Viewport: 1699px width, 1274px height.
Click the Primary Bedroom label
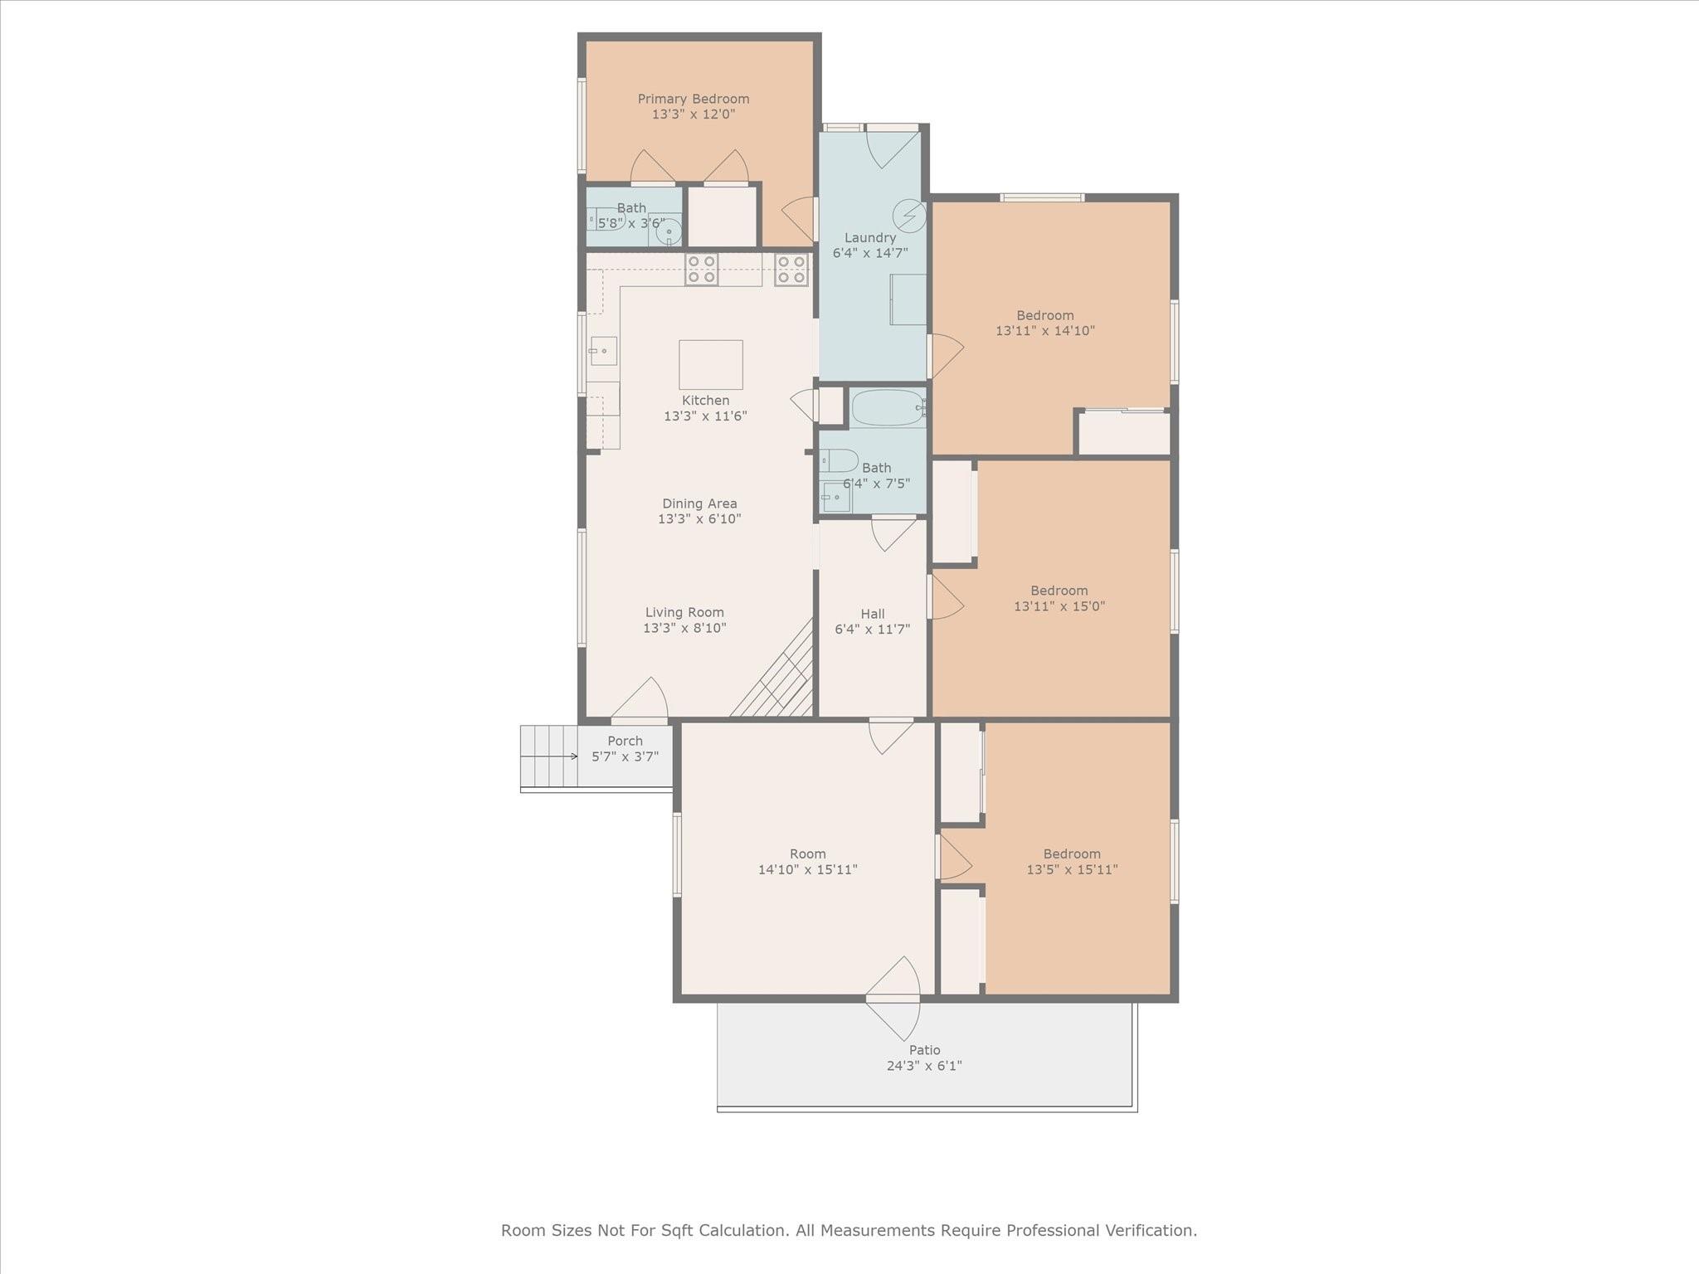click(693, 100)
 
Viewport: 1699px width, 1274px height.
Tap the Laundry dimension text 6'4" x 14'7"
click(870, 253)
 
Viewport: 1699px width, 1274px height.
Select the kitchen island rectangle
click(711, 364)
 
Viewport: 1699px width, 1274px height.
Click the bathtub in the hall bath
click(888, 408)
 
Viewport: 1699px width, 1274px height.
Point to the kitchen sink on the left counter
click(603, 351)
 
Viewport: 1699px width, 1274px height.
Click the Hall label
click(872, 614)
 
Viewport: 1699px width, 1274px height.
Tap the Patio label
click(924, 1050)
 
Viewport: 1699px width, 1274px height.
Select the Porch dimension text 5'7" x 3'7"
click(625, 756)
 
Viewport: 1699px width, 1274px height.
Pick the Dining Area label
click(699, 503)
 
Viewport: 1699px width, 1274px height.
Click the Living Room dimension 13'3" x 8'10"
click(684, 628)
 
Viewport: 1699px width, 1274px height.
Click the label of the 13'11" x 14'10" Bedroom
click(1045, 315)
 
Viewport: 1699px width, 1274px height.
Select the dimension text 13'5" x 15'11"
click(1072, 869)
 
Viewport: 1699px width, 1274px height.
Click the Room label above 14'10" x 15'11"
click(807, 853)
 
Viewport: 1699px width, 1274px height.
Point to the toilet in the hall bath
click(838, 460)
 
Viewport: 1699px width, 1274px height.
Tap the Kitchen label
click(705, 401)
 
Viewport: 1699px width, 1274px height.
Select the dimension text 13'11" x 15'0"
click(1059, 605)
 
